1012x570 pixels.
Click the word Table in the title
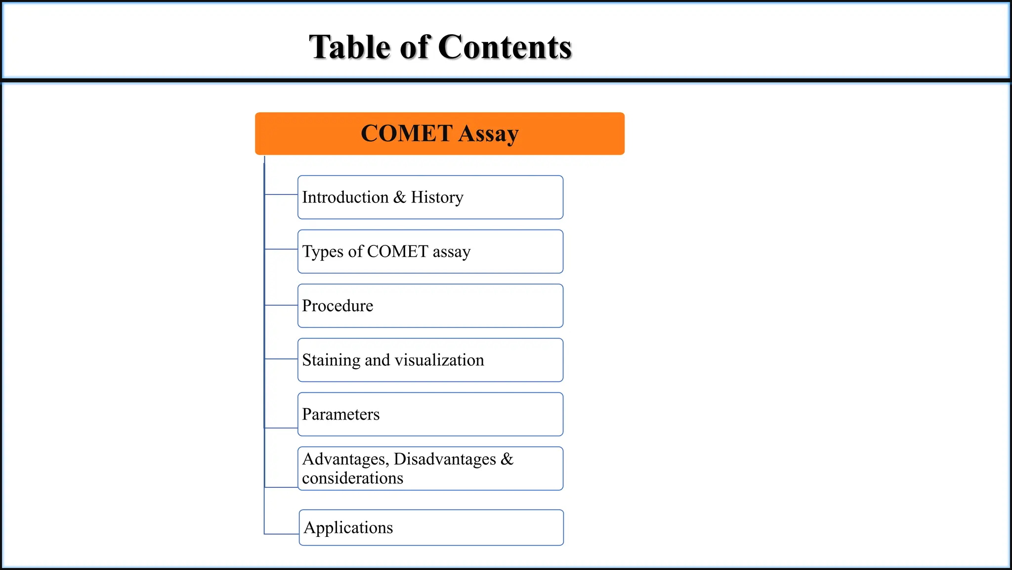349,47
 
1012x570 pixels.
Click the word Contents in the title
505,47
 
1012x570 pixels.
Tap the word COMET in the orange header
406,134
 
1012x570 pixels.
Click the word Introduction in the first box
345,197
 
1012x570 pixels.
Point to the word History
437,197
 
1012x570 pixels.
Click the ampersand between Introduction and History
399,197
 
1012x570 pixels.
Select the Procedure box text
337,306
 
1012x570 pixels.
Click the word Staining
331,360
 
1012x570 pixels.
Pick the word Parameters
340,415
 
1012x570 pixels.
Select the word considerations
352,478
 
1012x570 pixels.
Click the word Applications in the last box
348,528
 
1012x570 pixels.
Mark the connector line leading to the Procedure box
281,305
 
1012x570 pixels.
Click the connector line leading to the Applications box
282,534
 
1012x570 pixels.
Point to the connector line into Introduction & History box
281,194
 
